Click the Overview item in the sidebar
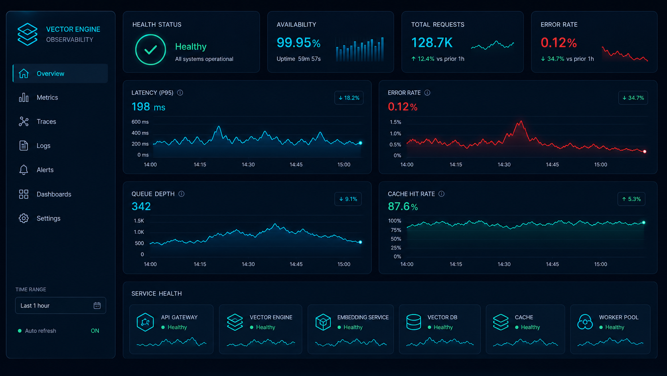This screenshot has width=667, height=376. pos(60,74)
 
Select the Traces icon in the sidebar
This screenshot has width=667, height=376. pos(24,121)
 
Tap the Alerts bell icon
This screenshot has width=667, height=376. pos(24,170)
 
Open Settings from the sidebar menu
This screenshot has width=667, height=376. pos(48,218)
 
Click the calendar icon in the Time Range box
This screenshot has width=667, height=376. pos(97,305)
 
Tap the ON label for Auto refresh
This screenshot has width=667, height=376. pos(95,331)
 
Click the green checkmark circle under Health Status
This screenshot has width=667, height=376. pos(150,50)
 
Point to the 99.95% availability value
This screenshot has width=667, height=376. pos(298,43)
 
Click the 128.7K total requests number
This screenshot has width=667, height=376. pos(432,43)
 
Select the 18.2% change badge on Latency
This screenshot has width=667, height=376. pos(349,98)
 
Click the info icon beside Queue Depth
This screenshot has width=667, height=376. pos(182,194)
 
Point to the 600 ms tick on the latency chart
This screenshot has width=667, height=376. pos(140,121)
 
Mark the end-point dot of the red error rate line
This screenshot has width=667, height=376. pos(645,151)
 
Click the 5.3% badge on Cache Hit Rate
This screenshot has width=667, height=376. pos(631,199)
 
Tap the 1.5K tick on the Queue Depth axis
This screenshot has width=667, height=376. pos(139,221)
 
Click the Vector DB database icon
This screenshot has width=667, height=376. pos(414,322)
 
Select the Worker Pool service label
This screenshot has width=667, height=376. pos(619,317)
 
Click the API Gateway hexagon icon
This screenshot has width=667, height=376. pos(145,322)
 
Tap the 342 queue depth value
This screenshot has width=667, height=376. pos(141,206)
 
